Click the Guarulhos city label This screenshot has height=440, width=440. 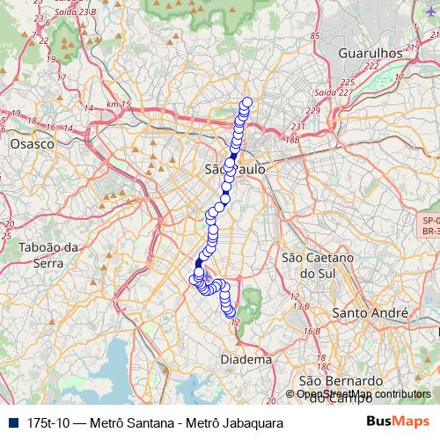(x=370, y=53)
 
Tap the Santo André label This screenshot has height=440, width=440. (x=370, y=312)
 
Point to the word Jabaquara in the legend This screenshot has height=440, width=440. (x=250, y=423)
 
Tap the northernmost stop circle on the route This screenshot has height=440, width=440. (x=246, y=102)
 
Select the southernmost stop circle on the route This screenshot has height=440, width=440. (x=231, y=312)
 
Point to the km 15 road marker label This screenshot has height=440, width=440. (x=117, y=105)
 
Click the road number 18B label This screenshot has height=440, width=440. (x=292, y=138)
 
